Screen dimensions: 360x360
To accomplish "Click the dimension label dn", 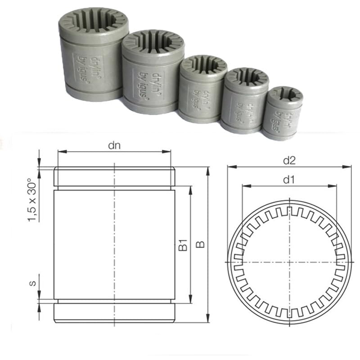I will [114, 145].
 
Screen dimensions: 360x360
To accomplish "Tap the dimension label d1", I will [288, 180].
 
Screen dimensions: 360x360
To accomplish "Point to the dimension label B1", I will [182, 246].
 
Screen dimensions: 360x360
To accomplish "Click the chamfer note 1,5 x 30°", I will [33, 198].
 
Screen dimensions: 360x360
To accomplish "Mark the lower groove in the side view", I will [114, 301].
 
